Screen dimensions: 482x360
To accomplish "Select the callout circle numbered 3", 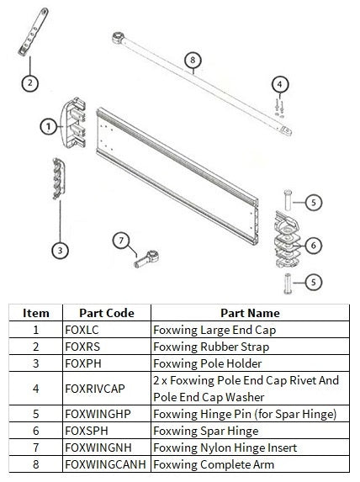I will pyautogui.click(x=60, y=249).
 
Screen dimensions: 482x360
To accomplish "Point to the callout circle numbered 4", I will pyautogui.click(x=280, y=83).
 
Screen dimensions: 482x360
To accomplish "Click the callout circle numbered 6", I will pyautogui.click(x=312, y=245).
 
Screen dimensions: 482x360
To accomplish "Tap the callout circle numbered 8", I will pyautogui.click(x=193, y=61).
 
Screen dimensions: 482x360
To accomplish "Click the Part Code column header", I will pyautogui.click(x=106, y=312).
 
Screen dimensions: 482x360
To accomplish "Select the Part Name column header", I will pyautogui.click(x=250, y=312).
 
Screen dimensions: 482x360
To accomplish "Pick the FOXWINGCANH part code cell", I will pyautogui.click(x=106, y=465).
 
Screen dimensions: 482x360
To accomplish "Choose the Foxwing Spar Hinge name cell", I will pyautogui.click(x=250, y=432).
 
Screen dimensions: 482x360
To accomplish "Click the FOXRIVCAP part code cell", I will pyautogui.click(x=106, y=389).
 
